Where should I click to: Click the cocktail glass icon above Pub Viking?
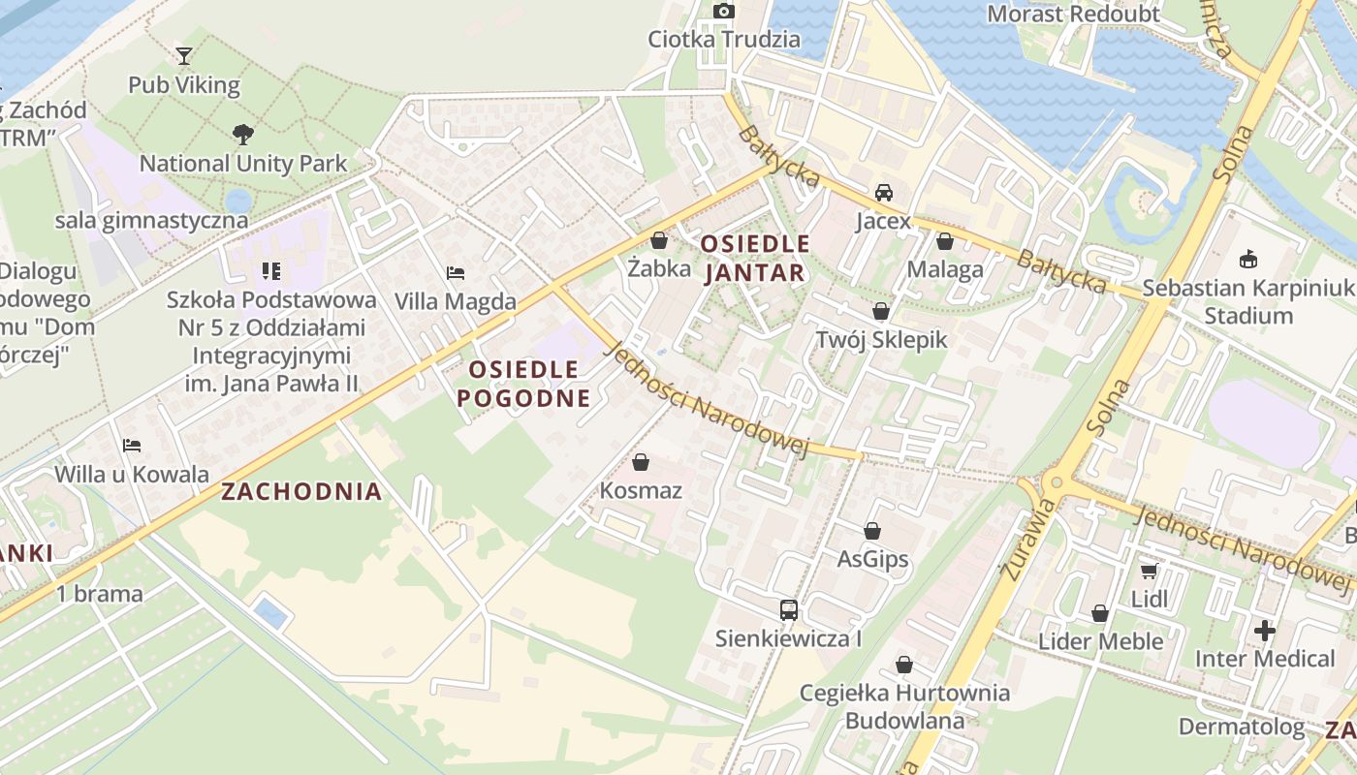coord(184,56)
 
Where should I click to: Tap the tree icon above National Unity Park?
coord(242,135)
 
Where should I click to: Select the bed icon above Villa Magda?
coord(456,273)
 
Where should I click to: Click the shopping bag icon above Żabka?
coord(659,240)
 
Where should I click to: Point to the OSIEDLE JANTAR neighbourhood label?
coord(755,259)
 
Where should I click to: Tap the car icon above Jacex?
coord(883,193)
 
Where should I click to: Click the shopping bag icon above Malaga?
coord(945,241)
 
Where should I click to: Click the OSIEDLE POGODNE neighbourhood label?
coord(523,384)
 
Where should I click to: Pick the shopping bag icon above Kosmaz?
coord(640,462)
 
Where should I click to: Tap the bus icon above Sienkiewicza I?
coord(789,610)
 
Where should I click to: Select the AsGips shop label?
coord(872,559)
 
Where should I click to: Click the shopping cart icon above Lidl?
coord(1150,571)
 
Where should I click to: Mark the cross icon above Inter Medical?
coord(1265,631)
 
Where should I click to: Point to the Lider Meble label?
coord(1100,641)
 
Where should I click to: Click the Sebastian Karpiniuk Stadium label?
coord(1247,302)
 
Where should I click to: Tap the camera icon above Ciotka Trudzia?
coord(724,12)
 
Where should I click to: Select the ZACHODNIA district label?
coord(301,491)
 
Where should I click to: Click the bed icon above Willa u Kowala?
coord(132,446)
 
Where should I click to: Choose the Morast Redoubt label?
coord(1073,14)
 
